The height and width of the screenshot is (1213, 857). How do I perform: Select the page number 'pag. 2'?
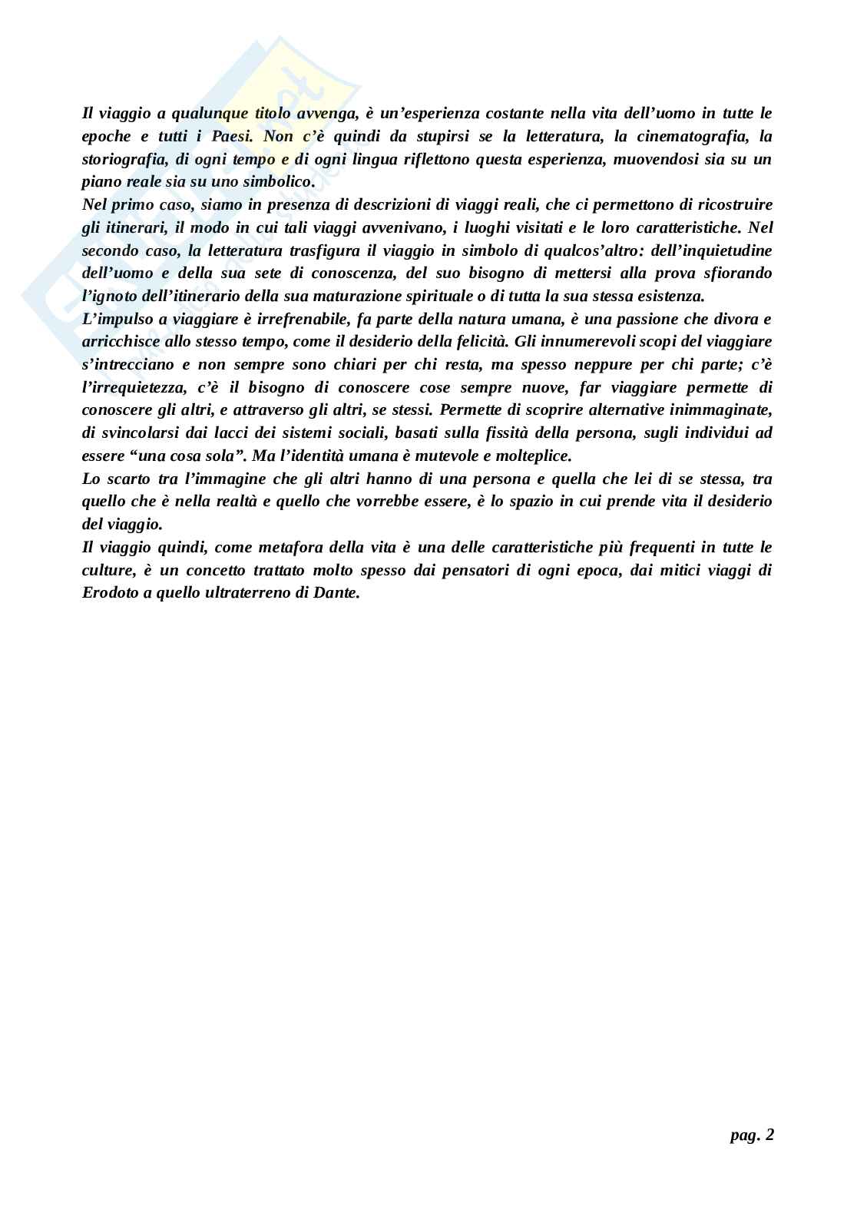pyautogui.click(x=752, y=1135)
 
